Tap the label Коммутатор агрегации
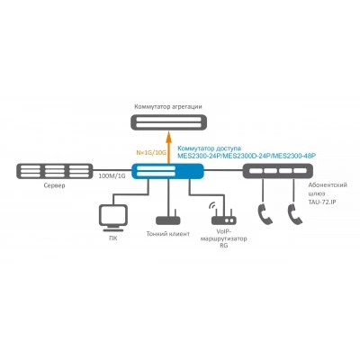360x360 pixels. pos(168,106)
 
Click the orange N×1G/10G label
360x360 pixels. pos(151,153)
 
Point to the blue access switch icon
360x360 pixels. pos(168,171)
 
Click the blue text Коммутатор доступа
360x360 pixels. pos(209,148)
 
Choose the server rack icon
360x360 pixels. pos(54,171)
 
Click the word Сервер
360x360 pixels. pos(54,185)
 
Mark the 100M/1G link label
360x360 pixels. pos(112,176)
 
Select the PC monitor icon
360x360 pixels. pos(112,218)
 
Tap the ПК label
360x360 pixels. pos(113,238)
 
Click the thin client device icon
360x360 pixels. pos(168,220)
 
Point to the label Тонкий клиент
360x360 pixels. pos(168,234)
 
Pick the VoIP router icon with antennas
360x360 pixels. pos(224,217)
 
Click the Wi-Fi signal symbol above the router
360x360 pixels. pos(212,205)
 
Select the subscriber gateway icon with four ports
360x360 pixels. pos(278,171)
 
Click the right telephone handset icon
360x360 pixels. pos(295,213)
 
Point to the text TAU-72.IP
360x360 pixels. pos(322,202)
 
